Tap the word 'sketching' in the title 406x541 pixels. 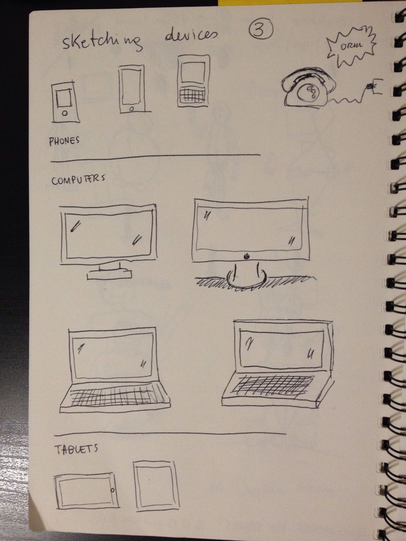click(102, 42)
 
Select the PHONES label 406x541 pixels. click(64, 141)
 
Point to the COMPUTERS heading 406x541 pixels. click(78, 180)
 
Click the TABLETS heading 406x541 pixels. click(76, 449)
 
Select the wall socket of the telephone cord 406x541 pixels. click(375, 86)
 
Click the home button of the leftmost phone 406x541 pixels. click(64, 113)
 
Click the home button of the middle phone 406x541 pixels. click(132, 109)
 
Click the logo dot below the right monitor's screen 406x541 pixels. click(247, 256)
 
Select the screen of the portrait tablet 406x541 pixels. click(156, 487)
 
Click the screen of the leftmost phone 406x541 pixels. click(64, 99)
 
